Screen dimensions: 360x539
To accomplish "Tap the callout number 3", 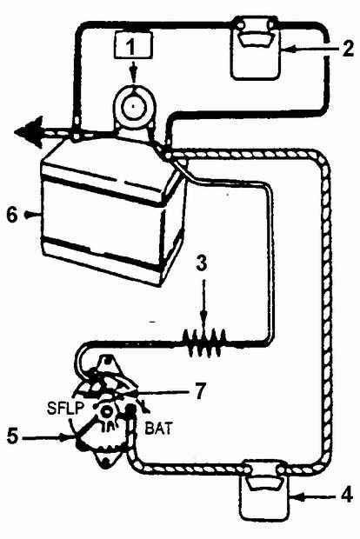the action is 203,263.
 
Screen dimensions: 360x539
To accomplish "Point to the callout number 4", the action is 346,496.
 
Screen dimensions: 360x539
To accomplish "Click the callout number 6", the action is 12,216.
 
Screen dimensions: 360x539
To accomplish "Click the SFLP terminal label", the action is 65,408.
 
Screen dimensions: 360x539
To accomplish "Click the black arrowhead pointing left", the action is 28,132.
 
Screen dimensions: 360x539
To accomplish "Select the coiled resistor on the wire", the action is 205,343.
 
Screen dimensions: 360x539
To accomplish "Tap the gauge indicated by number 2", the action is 256,50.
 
